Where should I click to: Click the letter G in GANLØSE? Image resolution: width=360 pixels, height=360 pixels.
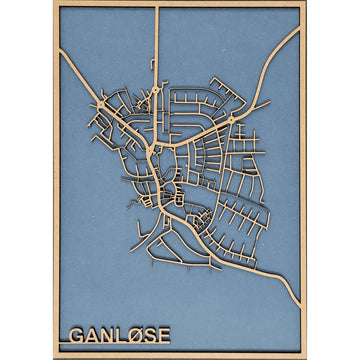77,334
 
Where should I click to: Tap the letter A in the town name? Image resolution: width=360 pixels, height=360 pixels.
96,334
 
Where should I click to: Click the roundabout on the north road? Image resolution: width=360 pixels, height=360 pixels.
157,97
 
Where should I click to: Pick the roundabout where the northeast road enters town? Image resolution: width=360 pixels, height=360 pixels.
233,119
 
